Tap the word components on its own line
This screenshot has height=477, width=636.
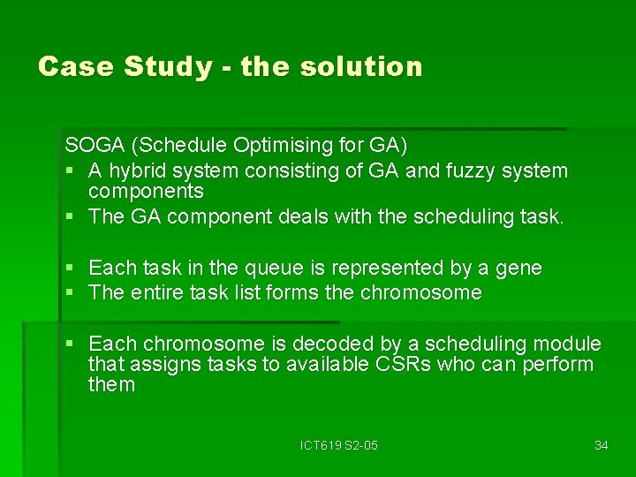pyautogui.click(x=146, y=191)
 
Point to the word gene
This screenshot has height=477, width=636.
pyautogui.click(x=519, y=268)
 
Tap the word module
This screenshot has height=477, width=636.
pyautogui.click(x=568, y=344)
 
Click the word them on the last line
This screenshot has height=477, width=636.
pyautogui.click(x=111, y=384)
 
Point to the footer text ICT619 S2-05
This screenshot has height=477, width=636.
pyautogui.click(x=338, y=445)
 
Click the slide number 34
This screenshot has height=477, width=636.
pyautogui.click(x=601, y=445)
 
